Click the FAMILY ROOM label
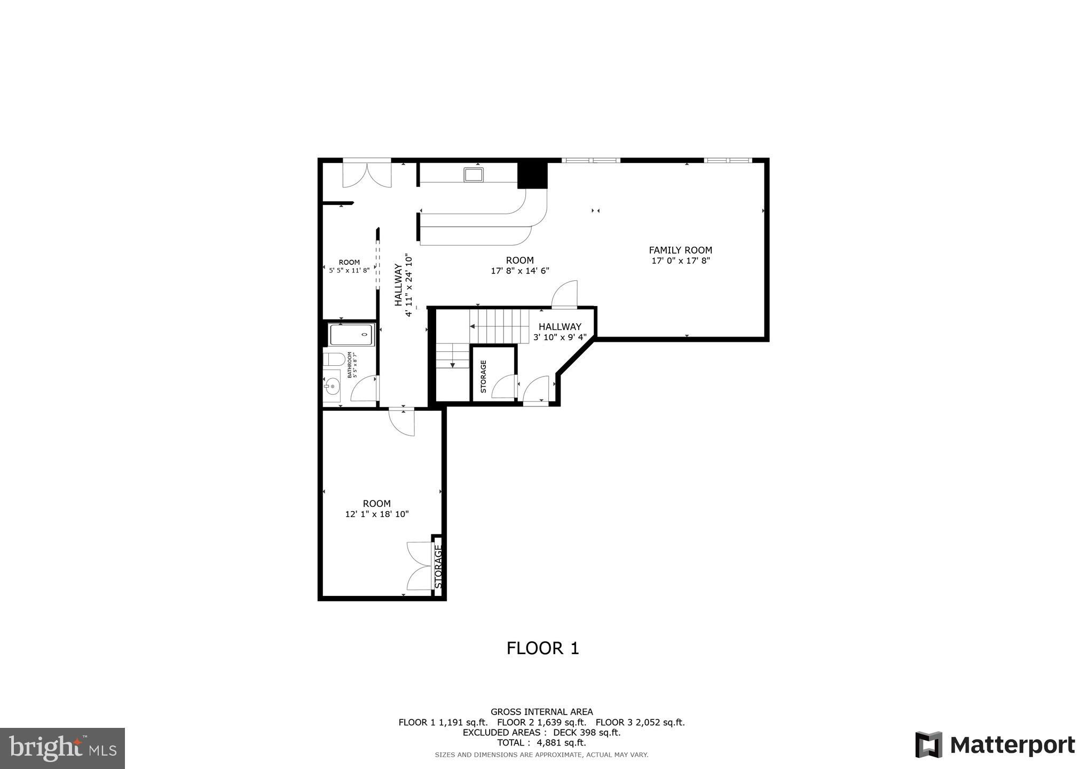click(x=680, y=250)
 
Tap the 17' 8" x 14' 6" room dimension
click(x=520, y=271)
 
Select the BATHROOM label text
click(x=350, y=365)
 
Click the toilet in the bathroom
click(x=332, y=358)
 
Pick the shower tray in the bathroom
click(x=352, y=335)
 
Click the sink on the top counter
click(x=474, y=175)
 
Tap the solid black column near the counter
click(x=533, y=175)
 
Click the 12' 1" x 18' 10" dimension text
click(x=377, y=514)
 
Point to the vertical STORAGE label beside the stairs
click(x=483, y=376)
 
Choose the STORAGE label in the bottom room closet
click(x=438, y=566)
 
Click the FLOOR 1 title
click(x=543, y=648)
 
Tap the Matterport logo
click(x=995, y=744)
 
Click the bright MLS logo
click(x=64, y=748)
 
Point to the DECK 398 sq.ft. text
click(x=587, y=733)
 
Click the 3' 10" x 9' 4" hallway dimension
click(x=560, y=338)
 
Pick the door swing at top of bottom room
click(x=401, y=422)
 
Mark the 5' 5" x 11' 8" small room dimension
click(x=349, y=270)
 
